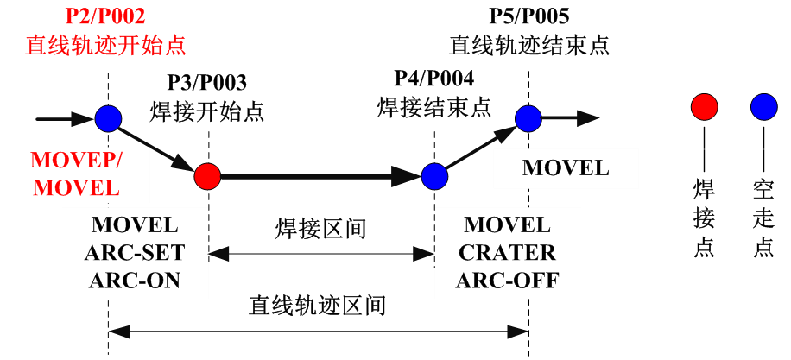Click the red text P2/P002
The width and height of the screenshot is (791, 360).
pyautogui.click(x=105, y=16)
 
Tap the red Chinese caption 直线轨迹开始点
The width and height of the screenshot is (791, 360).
pyautogui.click(x=105, y=45)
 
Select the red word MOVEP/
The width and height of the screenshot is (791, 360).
pyautogui.click(x=76, y=161)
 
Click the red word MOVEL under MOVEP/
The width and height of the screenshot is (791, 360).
pyautogui.click(x=76, y=186)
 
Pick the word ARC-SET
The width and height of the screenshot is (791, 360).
pyautogui.click(x=135, y=253)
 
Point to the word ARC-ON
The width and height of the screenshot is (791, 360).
pyautogui.click(x=135, y=281)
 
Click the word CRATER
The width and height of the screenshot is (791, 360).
pyautogui.click(x=508, y=253)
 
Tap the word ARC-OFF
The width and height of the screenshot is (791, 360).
pyautogui.click(x=508, y=281)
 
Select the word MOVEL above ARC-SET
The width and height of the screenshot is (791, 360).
pyautogui.click(x=135, y=225)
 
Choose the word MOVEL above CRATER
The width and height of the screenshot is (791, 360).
pyautogui.click(x=508, y=225)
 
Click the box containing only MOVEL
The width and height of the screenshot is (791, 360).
pyautogui.click(x=566, y=168)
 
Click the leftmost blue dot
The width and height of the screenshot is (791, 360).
pyautogui.click(x=108, y=118)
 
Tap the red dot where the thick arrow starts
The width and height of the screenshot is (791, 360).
pyautogui.click(x=207, y=176)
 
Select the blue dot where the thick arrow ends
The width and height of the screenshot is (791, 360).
pyautogui.click(x=434, y=176)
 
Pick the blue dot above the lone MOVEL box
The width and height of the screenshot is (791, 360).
pyautogui.click(x=528, y=118)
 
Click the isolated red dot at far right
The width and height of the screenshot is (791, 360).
pyautogui.click(x=705, y=107)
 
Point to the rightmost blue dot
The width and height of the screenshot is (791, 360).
pyautogui.click(x=764, y=107)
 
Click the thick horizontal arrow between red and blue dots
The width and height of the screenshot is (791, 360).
pyautogui.click(x=320, y=176)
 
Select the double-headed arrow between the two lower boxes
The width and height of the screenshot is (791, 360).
pyautogui.click(x=321, y=254)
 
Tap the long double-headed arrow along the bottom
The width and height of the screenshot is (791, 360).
pyautogui.click(x=318, y=332)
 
